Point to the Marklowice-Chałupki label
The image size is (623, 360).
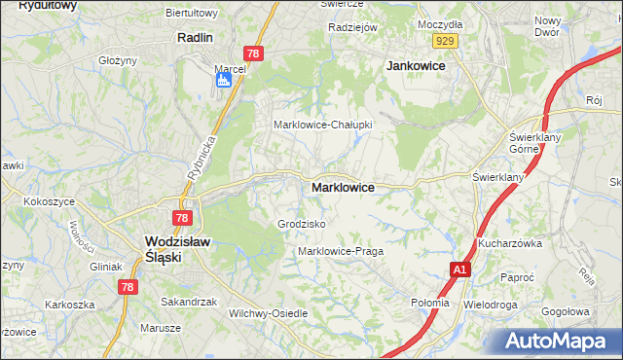point(322,126)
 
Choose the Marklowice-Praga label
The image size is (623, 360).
point(340,251)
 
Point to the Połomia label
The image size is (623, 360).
point(430,303)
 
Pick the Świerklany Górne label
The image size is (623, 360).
point(532,143)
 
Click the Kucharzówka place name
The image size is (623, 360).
point(509,243)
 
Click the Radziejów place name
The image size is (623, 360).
point(352,27)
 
